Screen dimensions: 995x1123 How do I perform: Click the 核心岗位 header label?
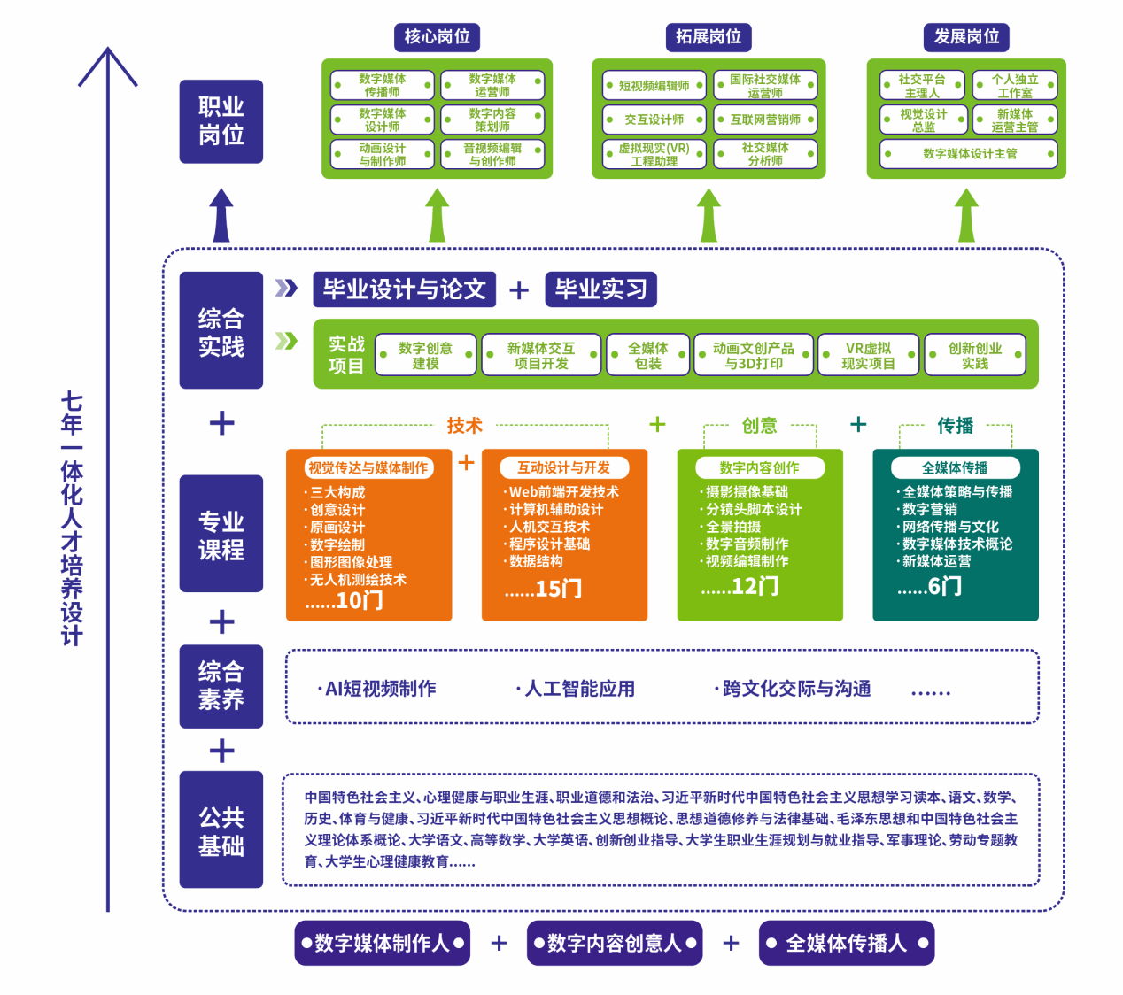(x=437, y=37)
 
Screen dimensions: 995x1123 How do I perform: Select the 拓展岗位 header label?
(x=708, y=37)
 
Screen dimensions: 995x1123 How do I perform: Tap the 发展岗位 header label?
(x=966, y=37)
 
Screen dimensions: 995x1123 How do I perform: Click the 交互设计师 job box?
(x=654, y=120)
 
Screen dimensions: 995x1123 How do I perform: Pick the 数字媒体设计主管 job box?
(x=969, y=154)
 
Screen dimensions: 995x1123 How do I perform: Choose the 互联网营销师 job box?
(x=765, y=120)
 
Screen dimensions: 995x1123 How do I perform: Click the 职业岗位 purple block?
(x=221, y=121)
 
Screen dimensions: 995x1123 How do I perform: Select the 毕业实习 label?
(x=600, y=289)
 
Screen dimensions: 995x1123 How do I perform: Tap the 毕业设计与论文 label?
(x=404, y=289)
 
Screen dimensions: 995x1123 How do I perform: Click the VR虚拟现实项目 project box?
(x=868, y=356)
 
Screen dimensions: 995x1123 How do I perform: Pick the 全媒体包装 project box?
(x=647, y=356)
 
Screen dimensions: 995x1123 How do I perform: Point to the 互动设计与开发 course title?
(x=563, y=467)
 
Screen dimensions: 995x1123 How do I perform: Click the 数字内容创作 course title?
(x=759, y=467)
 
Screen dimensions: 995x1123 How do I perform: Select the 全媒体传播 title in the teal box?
(x=955, y=467)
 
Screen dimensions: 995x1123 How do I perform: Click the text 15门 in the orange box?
(x=558, y=589)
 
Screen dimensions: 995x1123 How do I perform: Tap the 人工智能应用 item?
(x=579, y=689)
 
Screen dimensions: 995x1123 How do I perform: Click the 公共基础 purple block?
(x=221, y=830)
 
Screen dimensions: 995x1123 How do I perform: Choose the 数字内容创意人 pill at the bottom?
(x=615, y=944)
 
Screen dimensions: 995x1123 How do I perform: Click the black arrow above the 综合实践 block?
(x=221, y=215)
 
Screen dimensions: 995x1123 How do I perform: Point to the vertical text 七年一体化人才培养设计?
(x=72, y=518)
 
